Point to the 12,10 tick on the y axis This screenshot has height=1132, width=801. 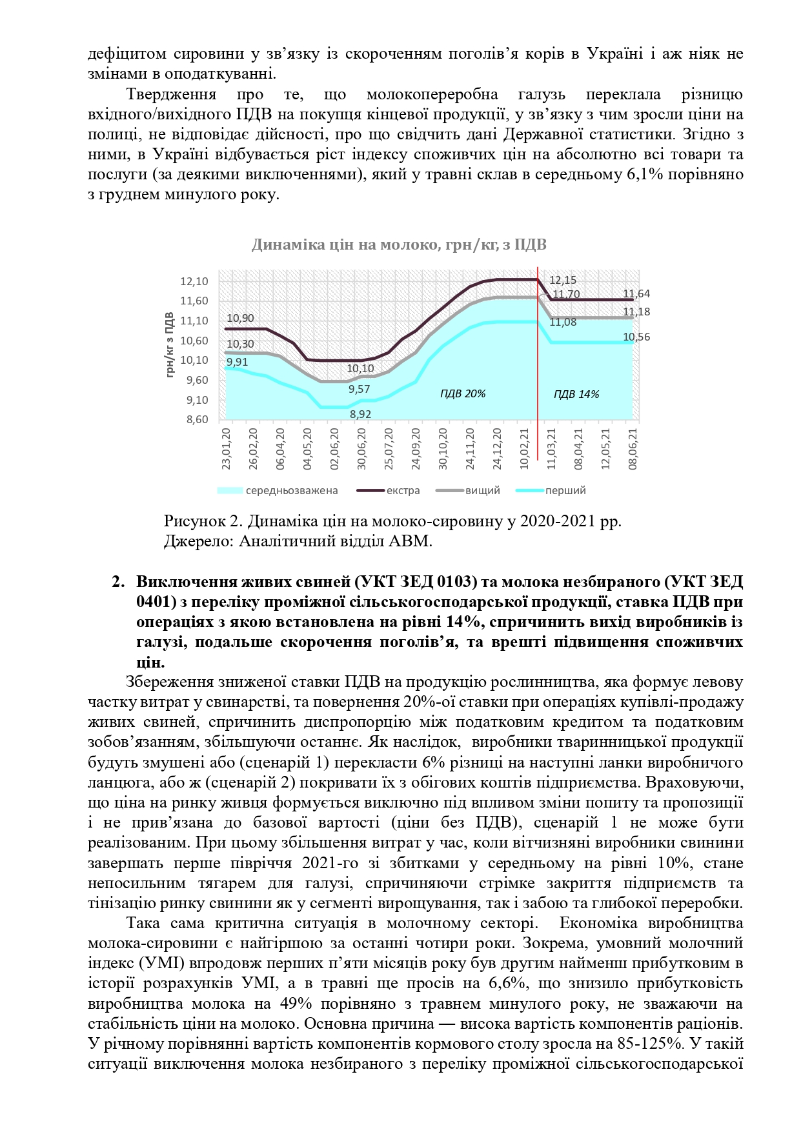[194, 281]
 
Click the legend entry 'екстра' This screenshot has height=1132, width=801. [403, 490]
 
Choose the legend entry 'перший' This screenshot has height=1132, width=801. [565, 490]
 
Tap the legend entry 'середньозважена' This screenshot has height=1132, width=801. [291, 490]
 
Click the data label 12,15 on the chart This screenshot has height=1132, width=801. [563, 280]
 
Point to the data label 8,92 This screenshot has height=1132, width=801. [360, 414]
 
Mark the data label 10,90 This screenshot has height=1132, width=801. [240, 318]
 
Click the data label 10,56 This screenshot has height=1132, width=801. [636, 337]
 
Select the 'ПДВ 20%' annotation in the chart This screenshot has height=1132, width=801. [462, 393]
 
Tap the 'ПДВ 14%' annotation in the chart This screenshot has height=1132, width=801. [576, 394]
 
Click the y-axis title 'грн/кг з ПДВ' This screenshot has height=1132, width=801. [170, 345]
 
